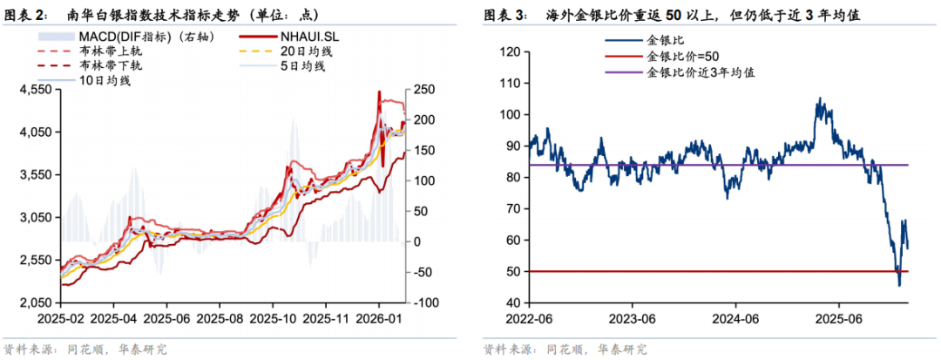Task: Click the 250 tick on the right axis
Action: pos(425,89)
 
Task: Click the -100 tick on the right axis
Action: pos(424,302)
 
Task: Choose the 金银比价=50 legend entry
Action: pos(681,57)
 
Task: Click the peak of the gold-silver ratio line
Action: pos(819,98)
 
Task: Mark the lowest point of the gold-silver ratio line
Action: pos(899,285)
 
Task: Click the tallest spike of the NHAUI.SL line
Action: pos(378,91)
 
